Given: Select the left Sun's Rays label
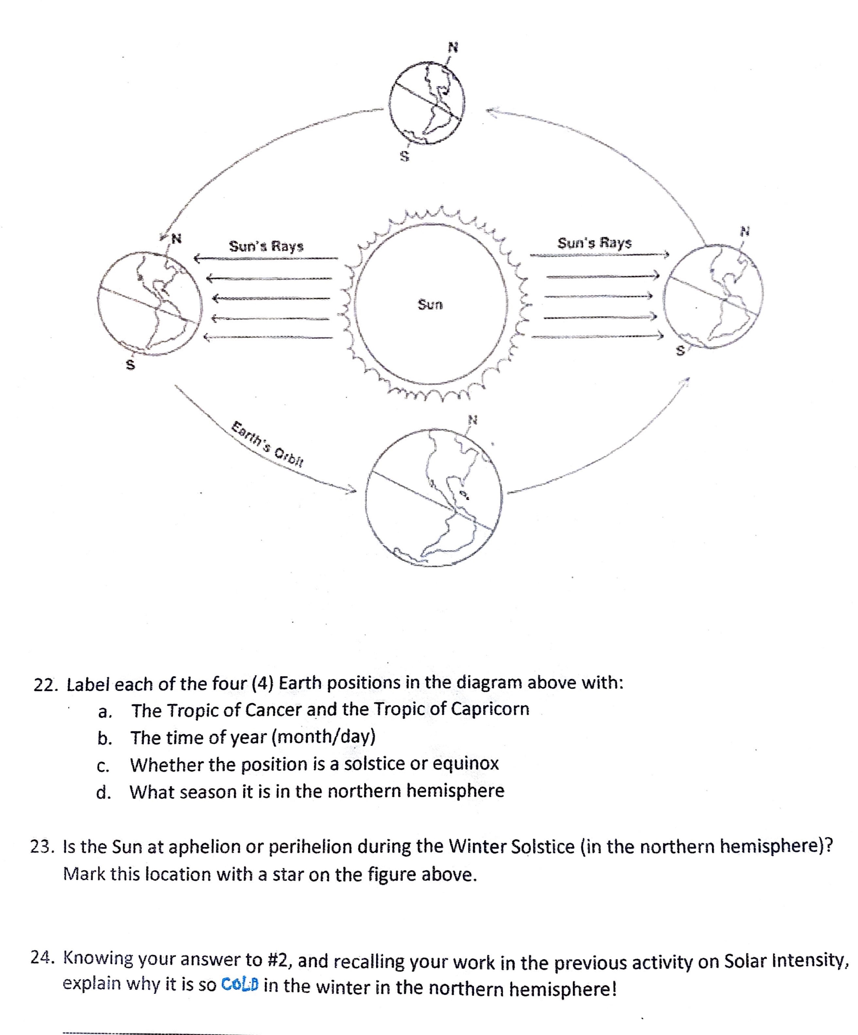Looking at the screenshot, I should coord(266,246).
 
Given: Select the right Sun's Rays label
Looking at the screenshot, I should coord(594,243).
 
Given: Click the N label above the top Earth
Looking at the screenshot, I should coord(452,47).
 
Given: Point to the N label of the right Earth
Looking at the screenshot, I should coord(745,230).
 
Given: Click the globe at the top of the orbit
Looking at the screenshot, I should coord(426,103).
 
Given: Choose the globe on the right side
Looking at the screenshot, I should coord(713,297).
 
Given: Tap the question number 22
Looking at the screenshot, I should coord(45,685).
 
